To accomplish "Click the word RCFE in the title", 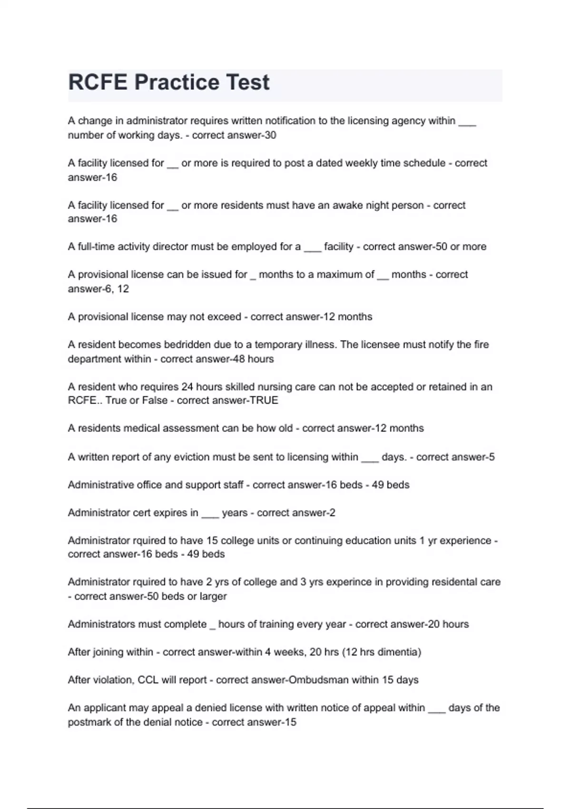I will [x=98, y=82].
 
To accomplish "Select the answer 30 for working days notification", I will [x=270, y=135].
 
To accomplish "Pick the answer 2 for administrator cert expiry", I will [x=332, y=513].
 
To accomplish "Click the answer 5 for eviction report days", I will [x=492, y=457].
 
